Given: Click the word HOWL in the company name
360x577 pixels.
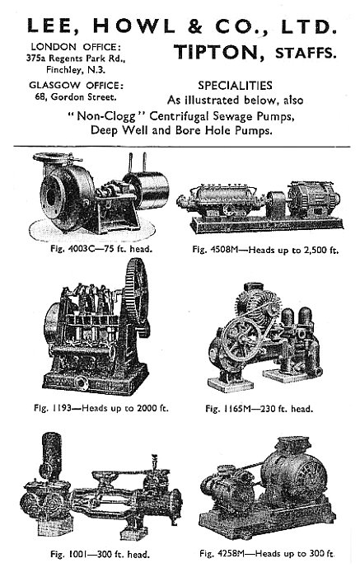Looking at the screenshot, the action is click(133, 26).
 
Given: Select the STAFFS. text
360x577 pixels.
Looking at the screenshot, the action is click(306, 53).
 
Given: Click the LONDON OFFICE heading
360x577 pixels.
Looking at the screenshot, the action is click(76, 47).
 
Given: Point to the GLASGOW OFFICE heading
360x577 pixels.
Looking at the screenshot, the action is click(77, 86).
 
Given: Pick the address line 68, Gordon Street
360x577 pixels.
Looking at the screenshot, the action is click(76, 97).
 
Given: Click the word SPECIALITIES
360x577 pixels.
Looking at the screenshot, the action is click(235, 86).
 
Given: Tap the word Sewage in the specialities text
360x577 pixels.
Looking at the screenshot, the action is click(236, 117).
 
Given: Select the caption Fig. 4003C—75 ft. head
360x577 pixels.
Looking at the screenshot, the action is click(101, 249).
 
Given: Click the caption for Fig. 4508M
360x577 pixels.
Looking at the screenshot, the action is click(265, 251).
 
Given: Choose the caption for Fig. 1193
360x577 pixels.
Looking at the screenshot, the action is click(101, 408).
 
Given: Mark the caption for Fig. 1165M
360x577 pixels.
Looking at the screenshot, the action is click(259, 409).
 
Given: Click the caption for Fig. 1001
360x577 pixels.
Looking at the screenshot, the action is click(100, 554).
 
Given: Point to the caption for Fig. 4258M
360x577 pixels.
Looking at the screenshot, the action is click(268, 553).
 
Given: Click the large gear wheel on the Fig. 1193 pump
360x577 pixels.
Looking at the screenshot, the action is click(137, 294).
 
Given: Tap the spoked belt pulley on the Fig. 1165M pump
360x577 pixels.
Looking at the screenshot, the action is click(241, 340).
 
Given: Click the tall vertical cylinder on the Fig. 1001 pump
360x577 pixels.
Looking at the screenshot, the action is click(51, 457).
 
